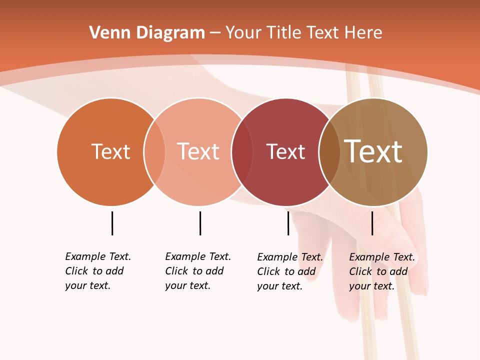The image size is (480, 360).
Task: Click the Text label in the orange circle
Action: pos(110,151)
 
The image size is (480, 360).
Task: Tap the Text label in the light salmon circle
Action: pos(198,151)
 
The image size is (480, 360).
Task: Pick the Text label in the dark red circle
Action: pos(285,151)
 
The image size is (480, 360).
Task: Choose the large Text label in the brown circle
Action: pos(373,151)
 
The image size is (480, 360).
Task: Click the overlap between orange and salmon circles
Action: pos(154,152)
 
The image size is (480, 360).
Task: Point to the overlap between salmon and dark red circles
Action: pos(242,152)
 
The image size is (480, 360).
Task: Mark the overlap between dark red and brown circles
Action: pos(329,152)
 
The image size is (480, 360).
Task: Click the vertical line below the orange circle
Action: pos(112,223)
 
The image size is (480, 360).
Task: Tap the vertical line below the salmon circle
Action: pos(200,223)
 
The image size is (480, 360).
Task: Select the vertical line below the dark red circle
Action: pos(288,223)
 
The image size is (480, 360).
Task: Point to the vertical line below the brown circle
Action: pos(372,223)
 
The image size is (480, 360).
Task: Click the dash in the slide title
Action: pos(215,33)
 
